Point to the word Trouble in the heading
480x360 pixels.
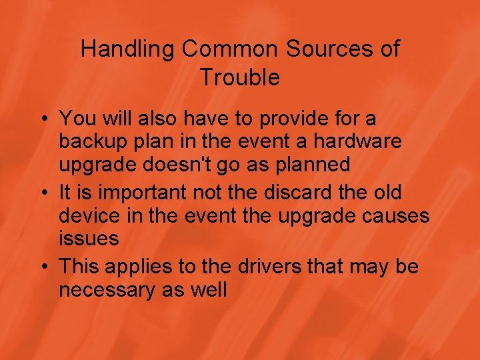pos(239,78)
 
